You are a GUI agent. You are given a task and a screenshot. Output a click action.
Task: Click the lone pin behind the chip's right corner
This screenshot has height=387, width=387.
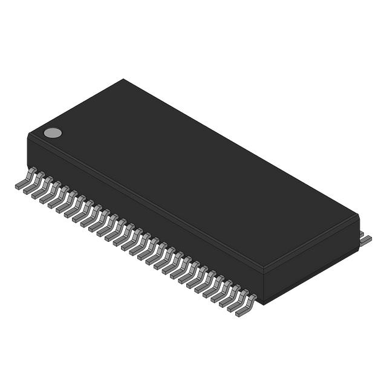(365, 239)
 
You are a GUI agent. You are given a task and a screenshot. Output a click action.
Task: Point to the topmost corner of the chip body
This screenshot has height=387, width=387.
(124, 79)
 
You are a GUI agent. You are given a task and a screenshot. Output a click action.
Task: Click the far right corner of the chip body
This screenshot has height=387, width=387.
(359, 216)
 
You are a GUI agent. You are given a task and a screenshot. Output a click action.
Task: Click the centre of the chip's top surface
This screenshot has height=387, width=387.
(193, 175)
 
